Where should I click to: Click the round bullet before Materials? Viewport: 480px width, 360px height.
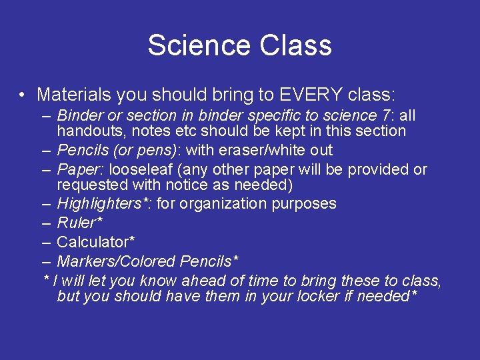point(23,95)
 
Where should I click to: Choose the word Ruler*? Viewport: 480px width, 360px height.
point(79,223)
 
